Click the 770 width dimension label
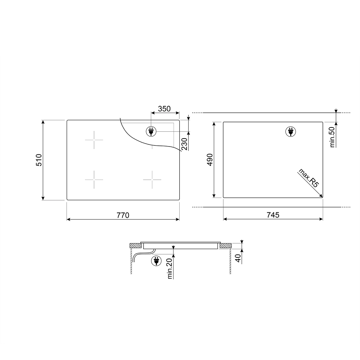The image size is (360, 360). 123,215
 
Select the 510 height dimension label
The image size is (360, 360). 39,160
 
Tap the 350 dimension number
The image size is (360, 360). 165,109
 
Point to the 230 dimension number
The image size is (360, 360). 184,144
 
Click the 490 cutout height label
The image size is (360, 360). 210,160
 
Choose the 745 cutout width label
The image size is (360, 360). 273,215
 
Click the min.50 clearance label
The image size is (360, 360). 332,137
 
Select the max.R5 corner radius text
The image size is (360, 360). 309,178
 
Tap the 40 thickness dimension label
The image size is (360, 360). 238,258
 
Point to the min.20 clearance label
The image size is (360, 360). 170,269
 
